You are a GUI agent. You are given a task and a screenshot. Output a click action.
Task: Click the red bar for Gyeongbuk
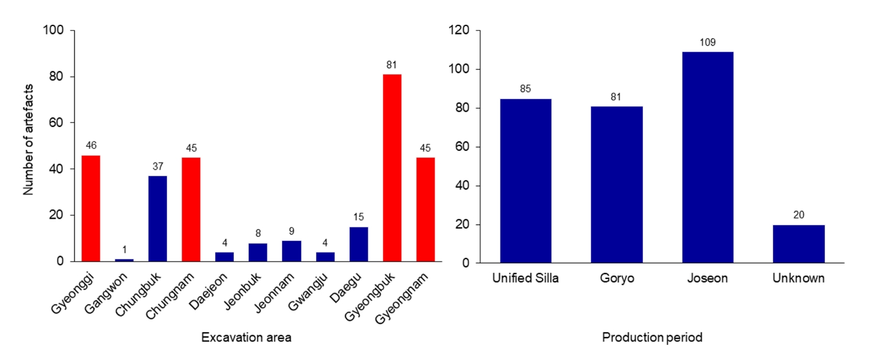(x=392, y=168)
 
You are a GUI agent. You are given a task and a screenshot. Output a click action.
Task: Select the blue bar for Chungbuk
(x=158, y=219)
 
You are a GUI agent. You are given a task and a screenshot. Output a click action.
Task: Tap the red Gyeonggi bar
(x=91, y=208)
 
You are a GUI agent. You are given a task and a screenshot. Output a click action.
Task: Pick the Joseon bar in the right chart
(x=708, y=157)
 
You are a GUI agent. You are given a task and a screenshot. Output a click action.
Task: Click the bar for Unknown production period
(x=799, y=243)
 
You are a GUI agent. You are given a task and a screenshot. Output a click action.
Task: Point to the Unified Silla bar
(x=525, y=181)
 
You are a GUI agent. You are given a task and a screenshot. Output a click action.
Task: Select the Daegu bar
(x=358, y=244)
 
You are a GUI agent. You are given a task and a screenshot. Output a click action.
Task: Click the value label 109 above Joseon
(x=708, y=43)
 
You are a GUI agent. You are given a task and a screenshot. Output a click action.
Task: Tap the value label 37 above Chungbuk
(x=158, y=167)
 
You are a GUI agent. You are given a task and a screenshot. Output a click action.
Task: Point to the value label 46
(x=91, y=146)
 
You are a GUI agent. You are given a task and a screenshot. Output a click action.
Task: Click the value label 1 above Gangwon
(x=124, y=250)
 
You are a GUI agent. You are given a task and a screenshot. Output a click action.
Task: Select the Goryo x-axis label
(x=616, y=278)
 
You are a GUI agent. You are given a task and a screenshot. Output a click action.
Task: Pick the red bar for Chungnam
(x=191, y=209)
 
